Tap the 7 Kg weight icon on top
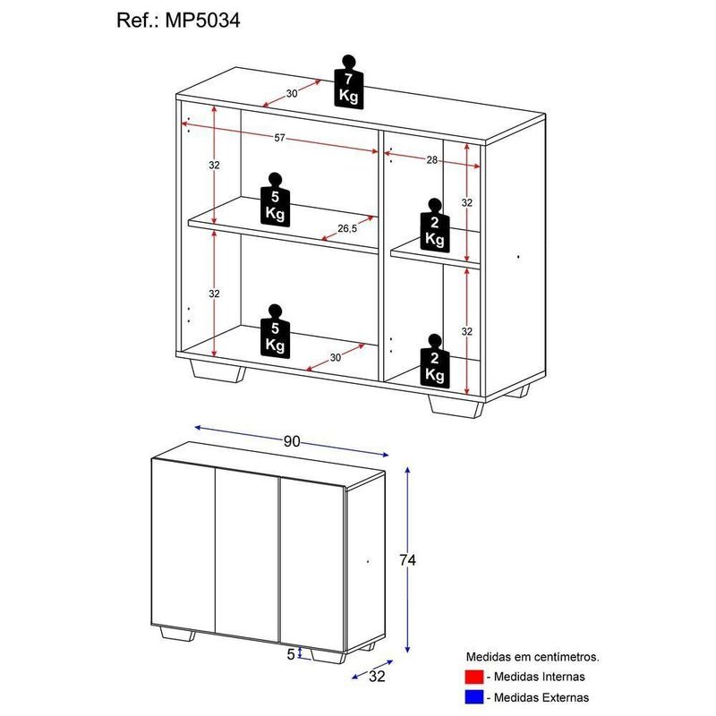349,82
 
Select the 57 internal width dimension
279,138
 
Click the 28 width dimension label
432,159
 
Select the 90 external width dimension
292,441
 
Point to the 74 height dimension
408,560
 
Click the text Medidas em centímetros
532,657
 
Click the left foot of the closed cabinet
177,636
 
